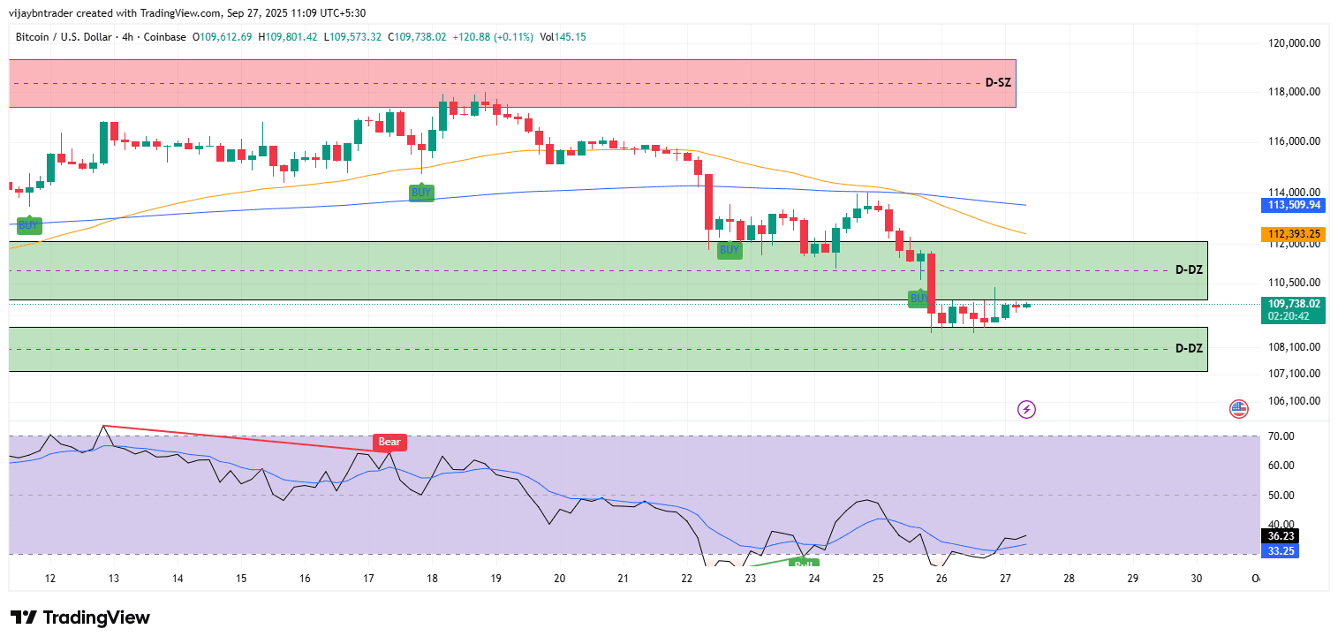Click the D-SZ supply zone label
point(998,82)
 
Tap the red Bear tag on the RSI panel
point(389,442)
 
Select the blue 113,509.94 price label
point(1294,205)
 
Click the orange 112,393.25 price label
point(1294,234)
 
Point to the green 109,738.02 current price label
point(1294,303)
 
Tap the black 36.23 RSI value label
point(1281,535)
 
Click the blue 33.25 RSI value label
point(1281,550)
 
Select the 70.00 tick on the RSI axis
point(1281,436)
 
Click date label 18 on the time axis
point(432,579)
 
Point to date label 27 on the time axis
point(1005,579)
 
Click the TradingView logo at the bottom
point(79,617)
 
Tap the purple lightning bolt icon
point(1026,409)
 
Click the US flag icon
point(1238,409)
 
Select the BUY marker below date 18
point(421,193)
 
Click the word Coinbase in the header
point(165,37)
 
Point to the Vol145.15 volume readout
point(563,37)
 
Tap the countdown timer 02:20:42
point(1294,315)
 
